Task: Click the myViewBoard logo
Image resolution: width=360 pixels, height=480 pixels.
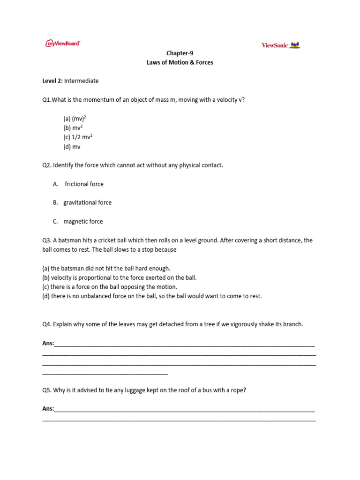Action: pyautogui.click(x=63, y=43)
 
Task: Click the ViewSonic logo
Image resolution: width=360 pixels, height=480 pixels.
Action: pyautogui.click(x=280, y=45)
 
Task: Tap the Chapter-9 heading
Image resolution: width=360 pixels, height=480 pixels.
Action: pyautogui.click(x=180, y=53)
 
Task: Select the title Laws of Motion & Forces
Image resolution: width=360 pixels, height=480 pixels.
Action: pyautogui.click(x=180, y=62)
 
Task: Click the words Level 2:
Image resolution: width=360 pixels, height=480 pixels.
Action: pyautogui.click(x=52, y=81)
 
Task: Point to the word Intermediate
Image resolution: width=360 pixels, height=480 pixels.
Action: pyautogui.click(x=82, y=81)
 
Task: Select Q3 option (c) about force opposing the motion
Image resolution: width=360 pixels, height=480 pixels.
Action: pyautogui.click(x=110, y=287)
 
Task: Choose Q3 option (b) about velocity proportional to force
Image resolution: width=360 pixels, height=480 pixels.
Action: pyautogui.click(x=119, y=277)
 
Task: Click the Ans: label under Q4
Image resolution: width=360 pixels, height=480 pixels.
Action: pyautogui.click(x=48, y=344)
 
